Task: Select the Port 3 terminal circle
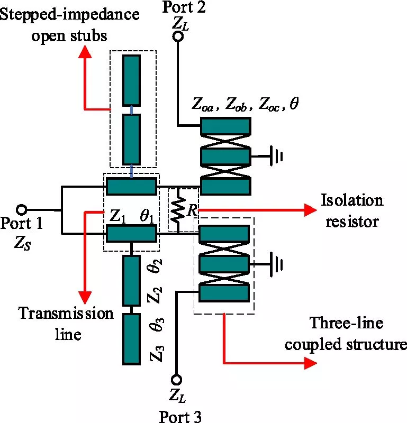178,379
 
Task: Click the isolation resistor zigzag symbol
179,209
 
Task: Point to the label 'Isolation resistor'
352,210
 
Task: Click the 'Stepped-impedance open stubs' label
69,24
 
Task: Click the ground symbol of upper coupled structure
276,157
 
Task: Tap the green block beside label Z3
131,338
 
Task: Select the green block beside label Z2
131,280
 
